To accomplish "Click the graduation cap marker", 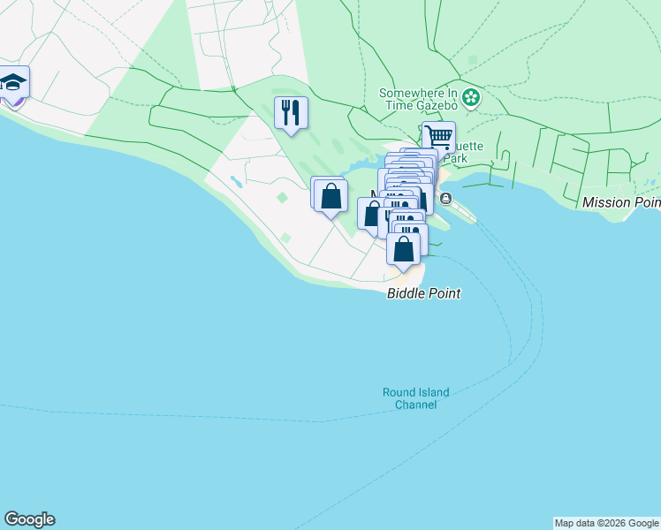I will click(x=13, y=84).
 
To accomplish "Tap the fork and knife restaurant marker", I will click(x=291, y=112).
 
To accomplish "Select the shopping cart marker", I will click(x=437, y=137).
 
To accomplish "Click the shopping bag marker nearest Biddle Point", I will click(x=404, y=250).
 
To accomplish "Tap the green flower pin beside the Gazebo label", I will click(x=471, y=97).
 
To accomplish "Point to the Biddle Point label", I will click(x=423, y=293).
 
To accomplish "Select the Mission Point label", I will click(x=621, y=202).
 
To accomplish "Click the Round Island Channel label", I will click(x=415, y=398).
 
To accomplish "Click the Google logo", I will click(x=29, y=519).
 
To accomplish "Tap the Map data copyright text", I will click(x=606, y=523).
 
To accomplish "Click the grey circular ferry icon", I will click(x=445, y=198).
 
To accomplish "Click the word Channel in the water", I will click(x=415, y=405).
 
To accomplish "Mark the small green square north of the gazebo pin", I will click(x=472, y=60).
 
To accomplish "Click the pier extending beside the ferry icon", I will click(x=465, y=212).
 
